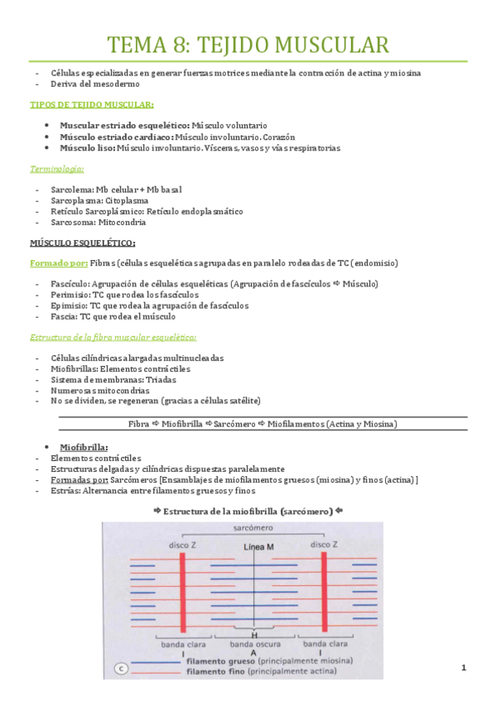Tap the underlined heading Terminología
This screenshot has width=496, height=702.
[x=56, y=169]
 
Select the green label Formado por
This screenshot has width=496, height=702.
[x=57, y=263]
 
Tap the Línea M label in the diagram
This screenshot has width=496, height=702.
[x=259, y=546]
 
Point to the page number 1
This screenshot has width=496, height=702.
[x=465, y=667]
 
